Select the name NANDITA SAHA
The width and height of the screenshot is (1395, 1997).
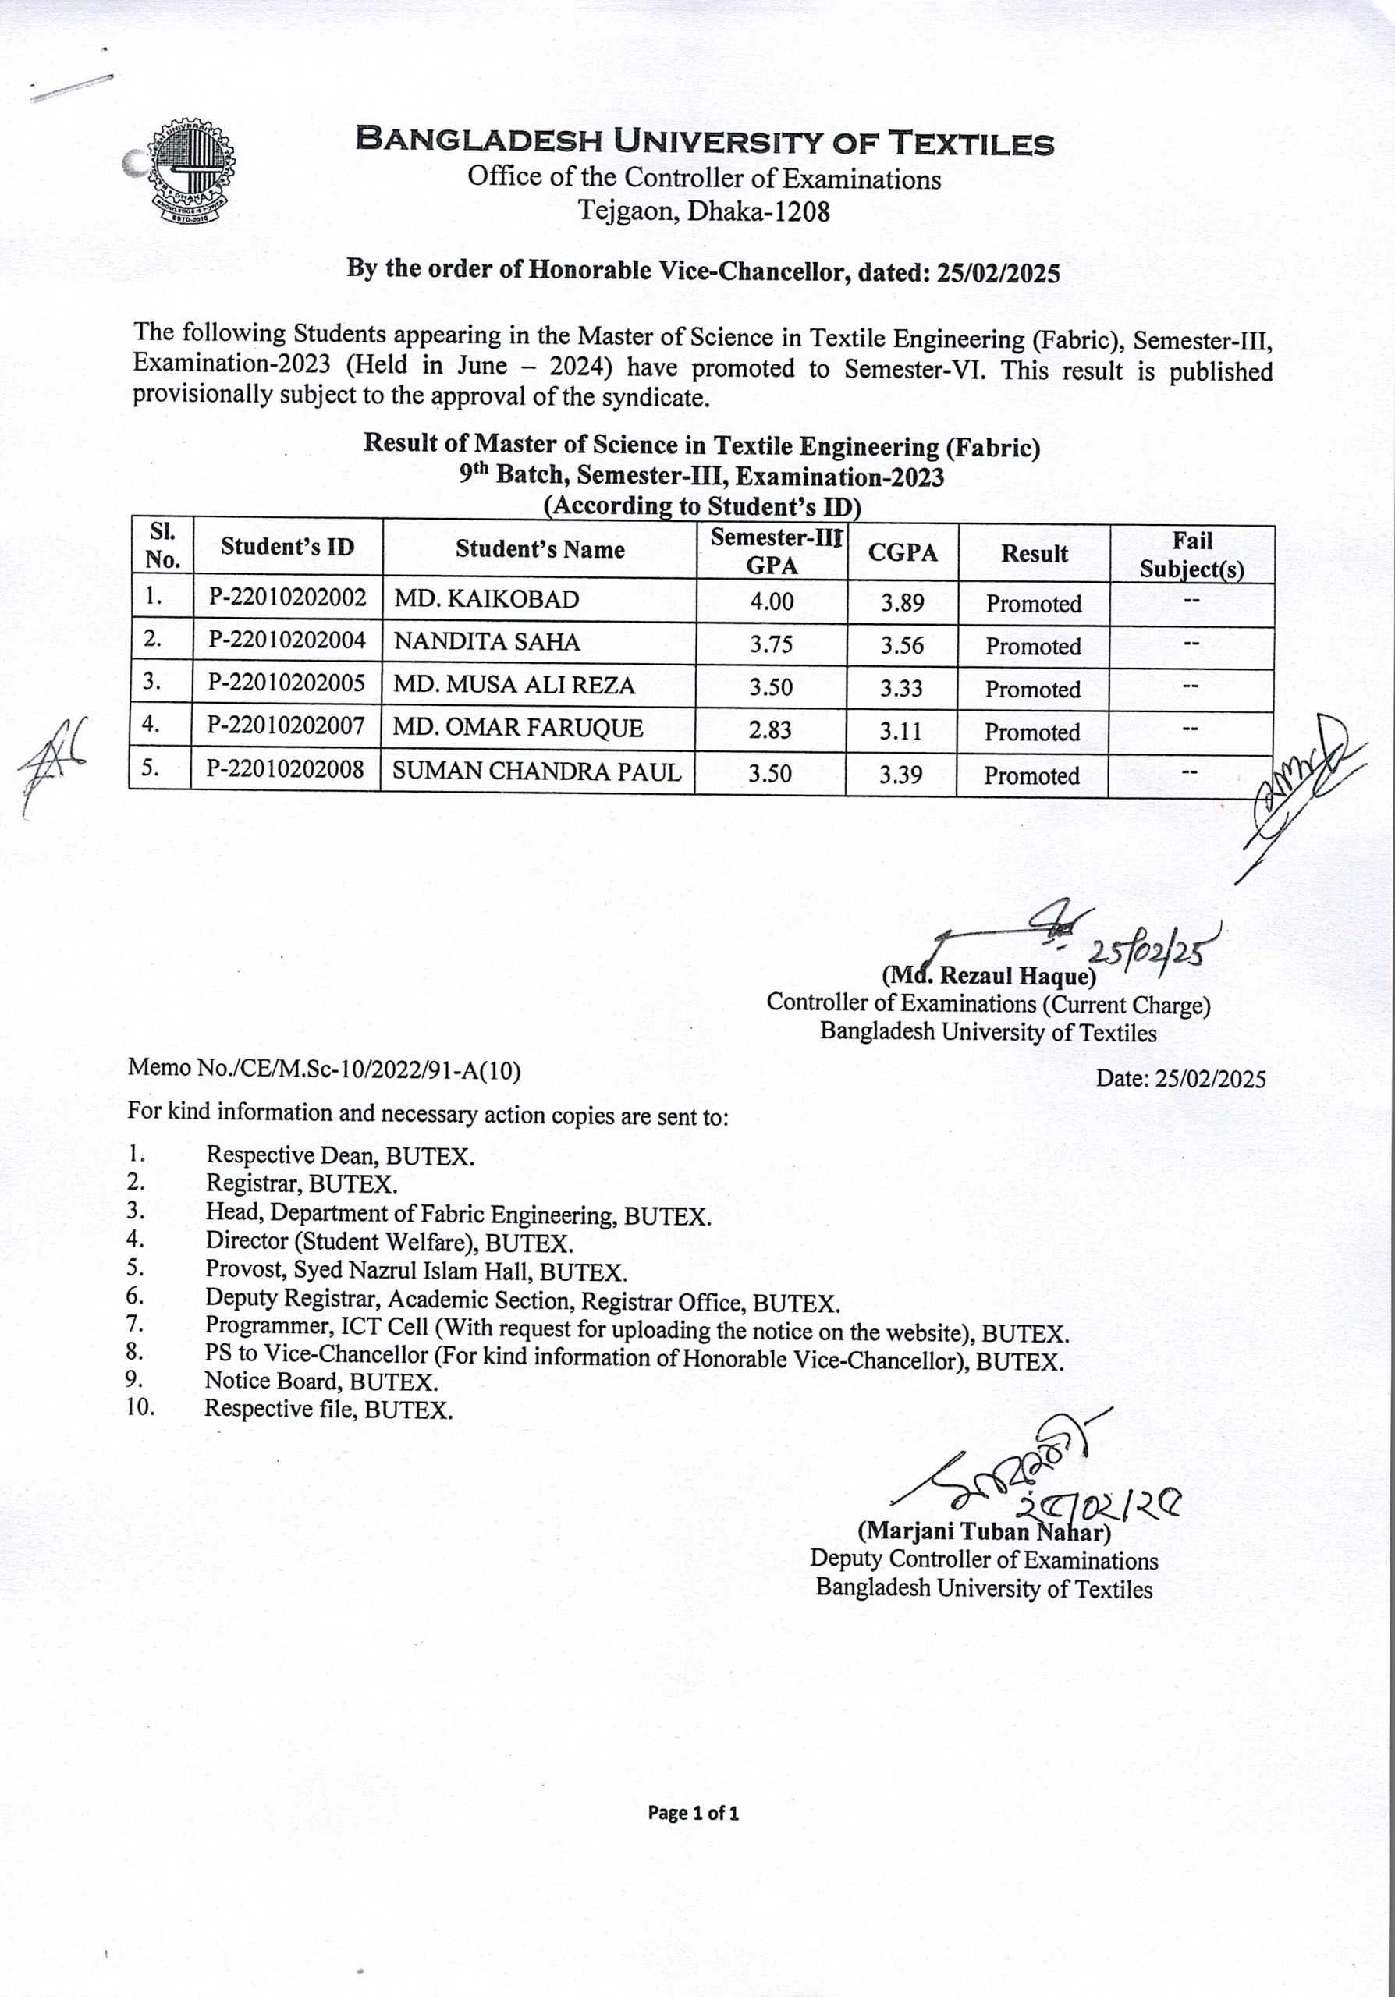point(486,642)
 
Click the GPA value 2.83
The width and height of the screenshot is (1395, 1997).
point(770,729)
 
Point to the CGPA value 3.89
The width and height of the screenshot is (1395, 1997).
point(902,602)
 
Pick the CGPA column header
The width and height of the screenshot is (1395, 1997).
point(902,553)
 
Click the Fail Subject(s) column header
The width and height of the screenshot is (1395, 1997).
point(1191,555)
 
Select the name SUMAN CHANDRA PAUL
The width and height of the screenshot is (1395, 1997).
point(537,771)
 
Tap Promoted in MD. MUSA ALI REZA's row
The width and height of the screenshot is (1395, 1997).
point(1032,690)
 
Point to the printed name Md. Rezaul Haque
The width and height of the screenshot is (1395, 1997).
point(988,976)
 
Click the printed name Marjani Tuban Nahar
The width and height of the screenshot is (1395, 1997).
point(984,1531)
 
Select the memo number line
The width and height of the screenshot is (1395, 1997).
point(324,1069)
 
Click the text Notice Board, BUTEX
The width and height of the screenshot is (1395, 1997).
point(321,1382)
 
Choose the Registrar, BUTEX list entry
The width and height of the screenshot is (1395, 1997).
point(301,1183)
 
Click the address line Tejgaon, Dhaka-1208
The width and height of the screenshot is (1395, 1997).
point(705,211)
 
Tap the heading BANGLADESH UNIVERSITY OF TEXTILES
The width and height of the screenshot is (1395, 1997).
point(705,142)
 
